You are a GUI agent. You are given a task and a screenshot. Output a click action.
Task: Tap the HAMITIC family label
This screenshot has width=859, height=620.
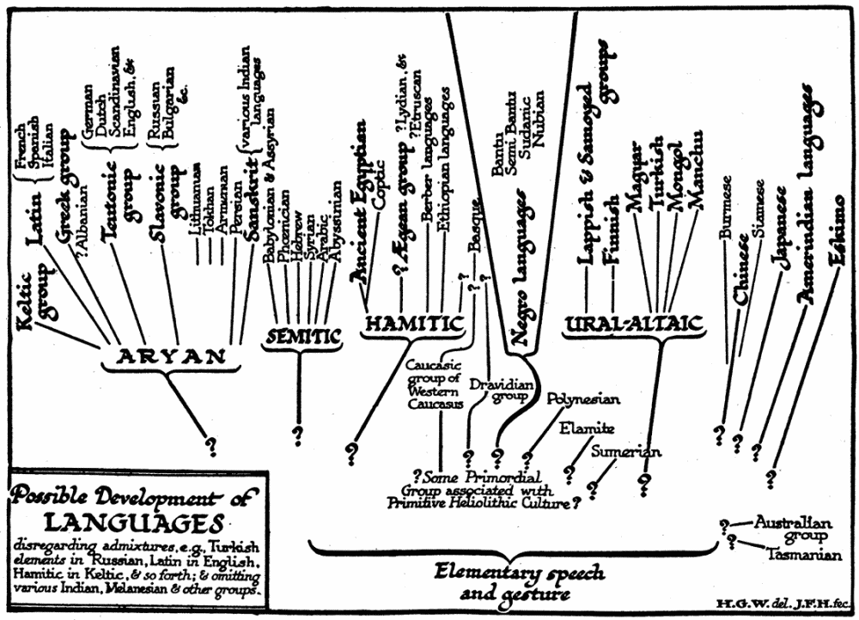click(415, 324)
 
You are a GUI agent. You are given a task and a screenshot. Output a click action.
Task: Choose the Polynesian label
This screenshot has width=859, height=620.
click(583, 399)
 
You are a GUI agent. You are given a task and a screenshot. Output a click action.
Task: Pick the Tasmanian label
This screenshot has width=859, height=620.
click(804, 555)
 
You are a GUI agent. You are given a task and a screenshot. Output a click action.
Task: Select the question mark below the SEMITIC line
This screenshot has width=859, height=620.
click(299, 434)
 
